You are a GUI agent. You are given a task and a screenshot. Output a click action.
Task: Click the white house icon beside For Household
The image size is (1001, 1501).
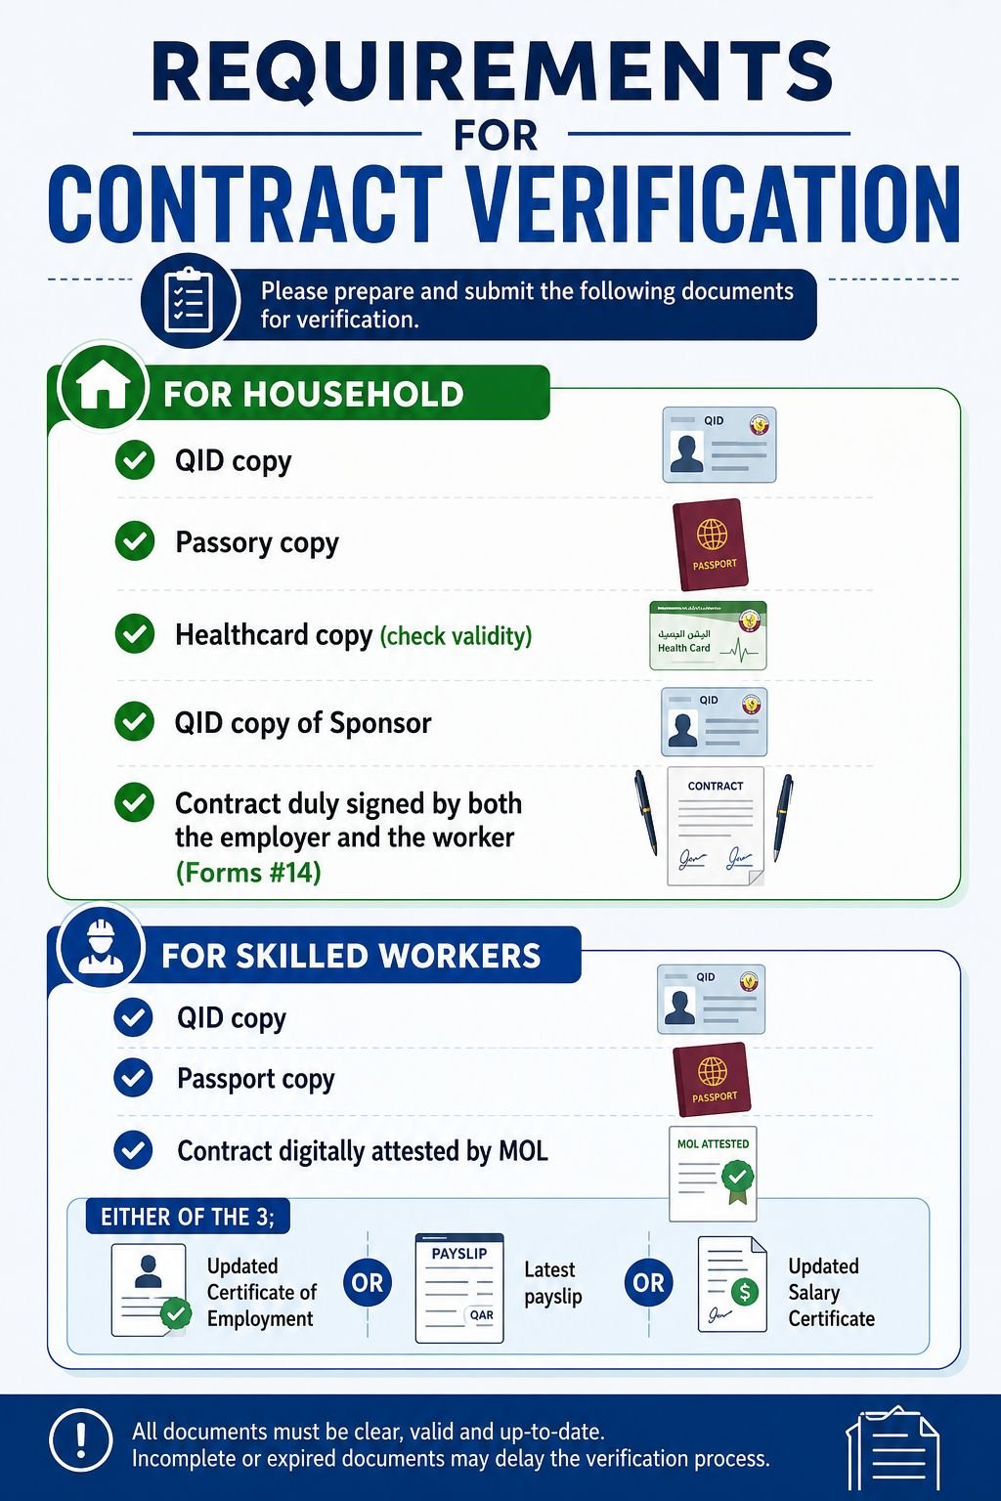[x=103, y=390]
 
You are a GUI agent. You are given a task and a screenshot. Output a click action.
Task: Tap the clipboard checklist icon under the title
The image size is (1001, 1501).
[x=189, y=300]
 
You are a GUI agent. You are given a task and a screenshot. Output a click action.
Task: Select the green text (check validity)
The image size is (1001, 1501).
[x=456, y=635]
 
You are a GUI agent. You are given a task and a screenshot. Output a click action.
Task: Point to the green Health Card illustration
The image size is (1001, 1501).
[x=708, y=635]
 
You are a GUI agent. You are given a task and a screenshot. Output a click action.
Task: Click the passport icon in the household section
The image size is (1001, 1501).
[x=711, y=544]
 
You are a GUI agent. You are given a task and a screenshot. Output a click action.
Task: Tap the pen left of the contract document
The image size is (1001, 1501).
[x=645, y=811]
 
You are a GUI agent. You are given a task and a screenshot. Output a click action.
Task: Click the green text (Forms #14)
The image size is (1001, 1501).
[x=248, y=873]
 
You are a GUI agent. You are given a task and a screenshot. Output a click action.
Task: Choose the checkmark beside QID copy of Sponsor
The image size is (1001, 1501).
[x=134, y=721]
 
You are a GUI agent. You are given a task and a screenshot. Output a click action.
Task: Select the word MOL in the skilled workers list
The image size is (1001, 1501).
[x=523, y=1150]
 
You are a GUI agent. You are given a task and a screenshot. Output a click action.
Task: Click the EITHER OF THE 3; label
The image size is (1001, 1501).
[x=188, y=1217]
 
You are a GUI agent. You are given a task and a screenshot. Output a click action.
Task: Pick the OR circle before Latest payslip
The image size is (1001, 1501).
[x=368, y=1282]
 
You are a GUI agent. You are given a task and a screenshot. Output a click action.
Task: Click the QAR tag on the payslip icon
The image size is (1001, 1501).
[x=481, y=1314]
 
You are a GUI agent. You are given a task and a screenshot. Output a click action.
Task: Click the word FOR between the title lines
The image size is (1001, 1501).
[x=496, y=136]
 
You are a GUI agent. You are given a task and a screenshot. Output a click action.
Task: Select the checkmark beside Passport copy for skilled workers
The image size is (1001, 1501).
[x=133, y=1078]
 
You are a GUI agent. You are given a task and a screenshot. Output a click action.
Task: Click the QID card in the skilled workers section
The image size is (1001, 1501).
[x=711, y=999]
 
